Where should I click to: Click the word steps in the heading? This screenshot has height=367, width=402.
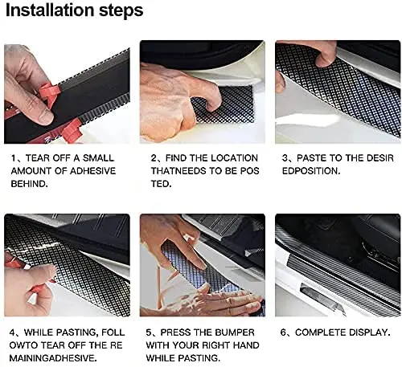(x=121, y=11)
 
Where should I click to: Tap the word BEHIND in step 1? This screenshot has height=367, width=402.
(x=29, y=184)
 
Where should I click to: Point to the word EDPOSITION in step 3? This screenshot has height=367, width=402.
(x=311, y=171)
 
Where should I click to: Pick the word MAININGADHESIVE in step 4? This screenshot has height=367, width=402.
(x=53, y=358)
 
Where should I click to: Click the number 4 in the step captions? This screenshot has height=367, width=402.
(x=12, y=332)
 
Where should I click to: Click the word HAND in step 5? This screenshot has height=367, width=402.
(x=247, y=345)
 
